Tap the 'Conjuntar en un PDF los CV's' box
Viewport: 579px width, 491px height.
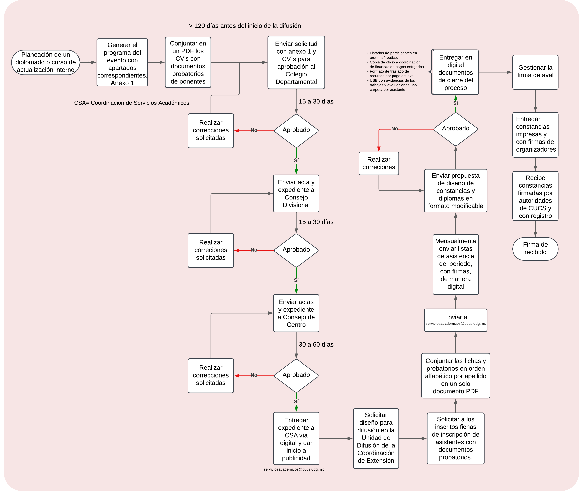[188, 62]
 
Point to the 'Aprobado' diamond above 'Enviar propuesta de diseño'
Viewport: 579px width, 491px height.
[456, 129]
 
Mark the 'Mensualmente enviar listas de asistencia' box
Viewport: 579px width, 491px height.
[456, 264]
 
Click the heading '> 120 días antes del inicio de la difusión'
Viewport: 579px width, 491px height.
[245, 26]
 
